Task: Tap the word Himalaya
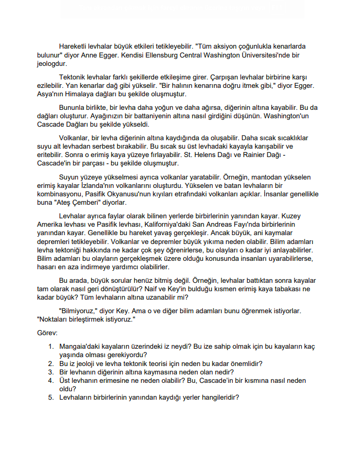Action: click(76, 94)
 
